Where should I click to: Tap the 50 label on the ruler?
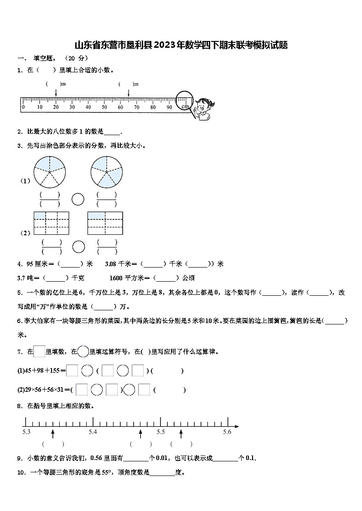click(x=104, y=107)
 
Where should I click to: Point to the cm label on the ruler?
click(x=185, y=106)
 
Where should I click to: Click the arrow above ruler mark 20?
click(x=56, y=92)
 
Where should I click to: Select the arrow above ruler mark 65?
click(x=128, y=92)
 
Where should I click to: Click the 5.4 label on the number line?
click(x=93, y=432)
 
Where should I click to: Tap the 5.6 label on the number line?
click(x=227, y=432)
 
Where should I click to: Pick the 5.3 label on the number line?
click(x=26, y=432)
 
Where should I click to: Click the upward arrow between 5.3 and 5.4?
click(x=53, y=433)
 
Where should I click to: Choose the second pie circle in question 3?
click(x=107, y=172)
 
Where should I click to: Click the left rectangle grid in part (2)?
click(x=51, y=223)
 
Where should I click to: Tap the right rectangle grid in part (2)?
click(x=105, y=223)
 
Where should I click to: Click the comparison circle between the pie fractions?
click(x=78, y=199)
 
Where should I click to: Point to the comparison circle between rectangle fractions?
click(x=78, y=247)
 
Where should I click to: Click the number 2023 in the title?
click(x=166, y=45)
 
